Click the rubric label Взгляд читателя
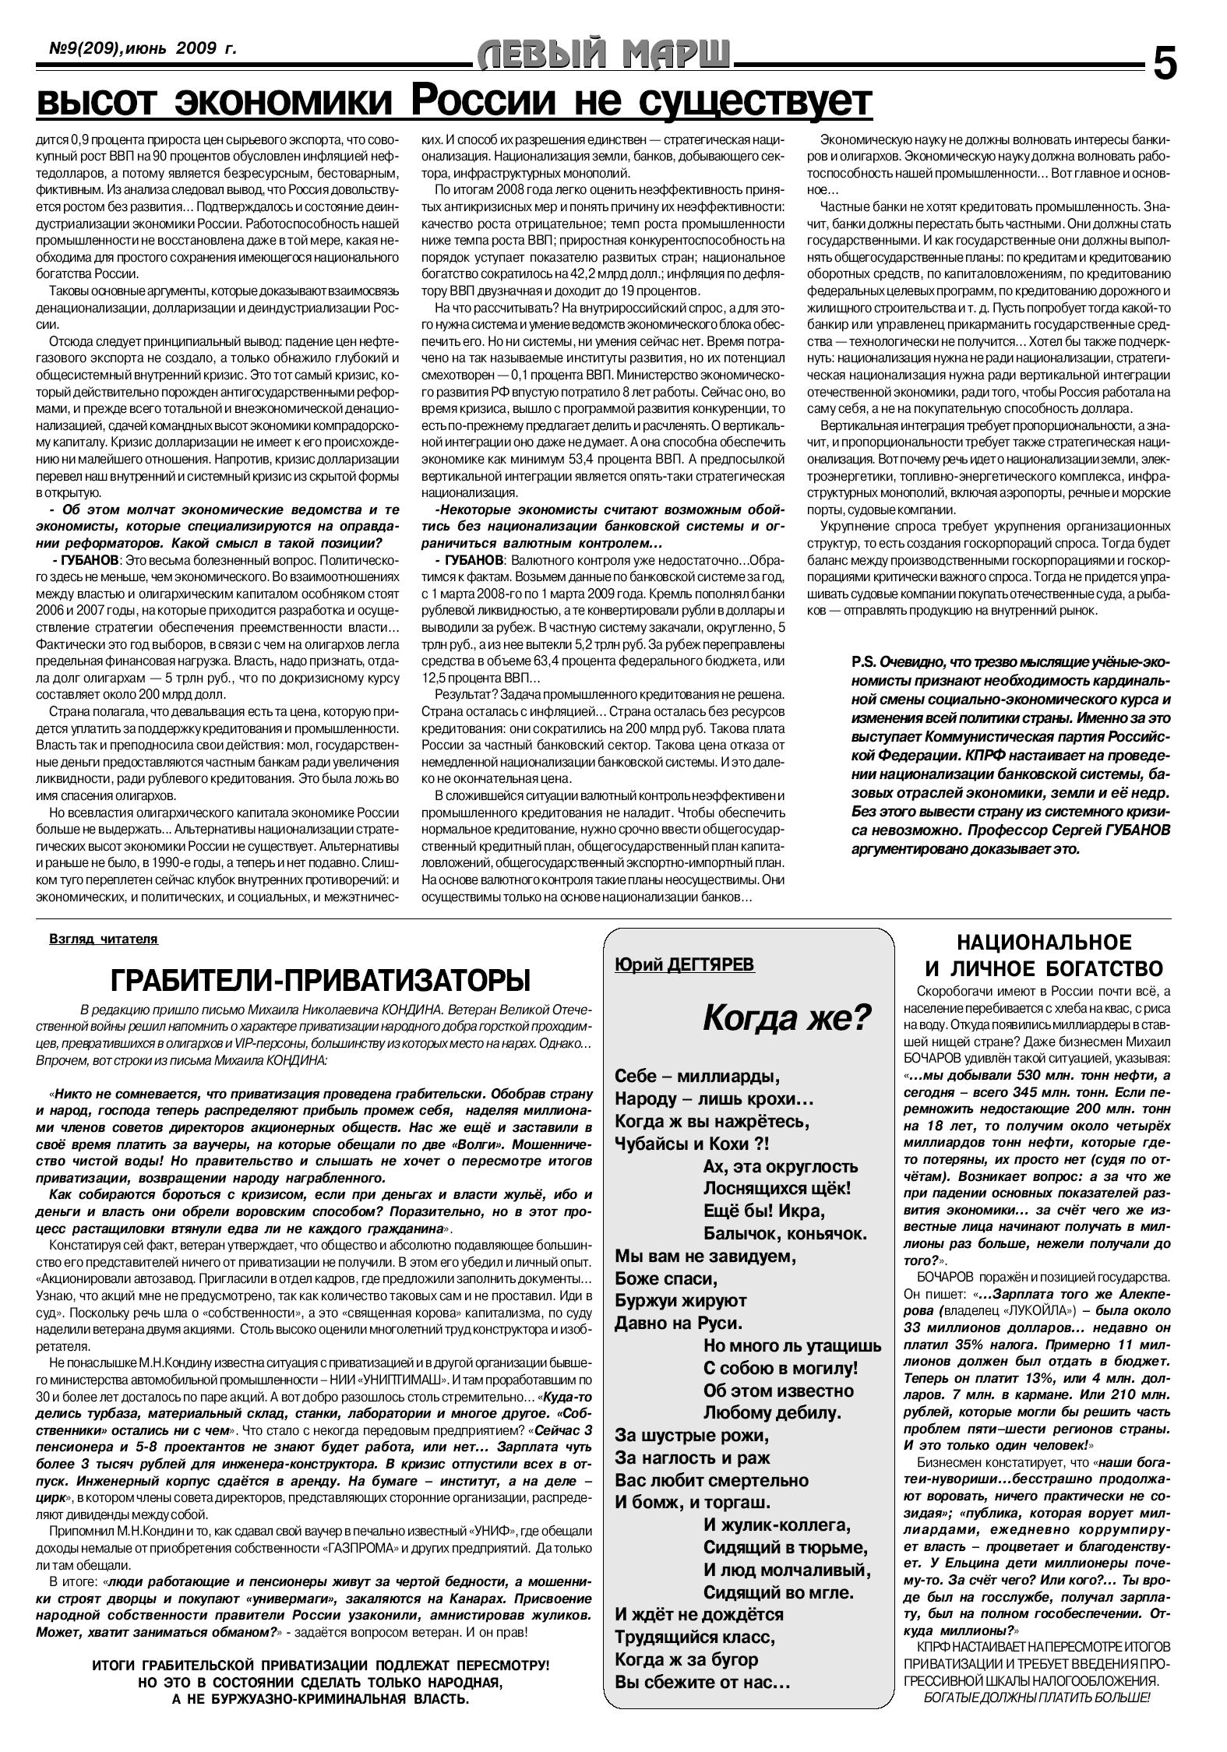coord(104,939)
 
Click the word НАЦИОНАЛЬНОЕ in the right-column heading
coord(1043,943)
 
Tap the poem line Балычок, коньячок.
coord(785,1234)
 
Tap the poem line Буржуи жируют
coord(681,1300)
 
